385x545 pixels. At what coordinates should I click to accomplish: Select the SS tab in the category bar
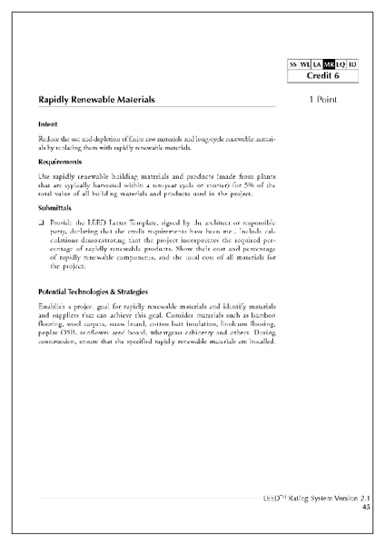(293, 64)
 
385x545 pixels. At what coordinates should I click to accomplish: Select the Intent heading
(48, 123)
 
